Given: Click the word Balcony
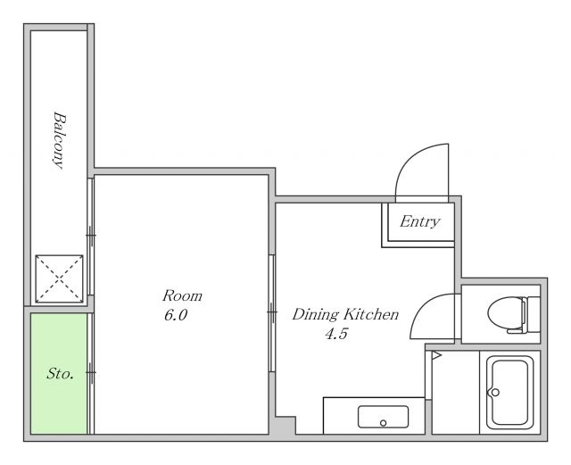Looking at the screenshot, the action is click(x=60, y=141).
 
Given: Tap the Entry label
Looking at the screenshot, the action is click(x=420, y=221).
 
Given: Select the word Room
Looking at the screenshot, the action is click(x=182, y=295).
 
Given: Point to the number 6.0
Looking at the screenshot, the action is click(x=176, y=315).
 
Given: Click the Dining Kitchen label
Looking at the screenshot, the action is click(x=345, y=314).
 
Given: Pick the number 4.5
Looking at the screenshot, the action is click(x=336, y=334).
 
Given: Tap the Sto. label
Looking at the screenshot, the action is click(x=61, y=374).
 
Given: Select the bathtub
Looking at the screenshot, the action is click(x=509, y=393).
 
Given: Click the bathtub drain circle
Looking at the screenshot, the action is click(x=495, y=393).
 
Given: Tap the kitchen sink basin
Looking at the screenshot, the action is click(x=383, y=417).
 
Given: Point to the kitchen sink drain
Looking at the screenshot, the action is click(x=383, y=423).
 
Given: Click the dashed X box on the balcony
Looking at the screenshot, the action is click(x=59, y=278).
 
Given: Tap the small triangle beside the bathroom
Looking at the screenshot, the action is click(x=436, y=355).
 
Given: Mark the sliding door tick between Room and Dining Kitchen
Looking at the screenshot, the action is click(x=272, y=312).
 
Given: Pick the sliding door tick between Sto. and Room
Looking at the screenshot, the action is click(x=91, y=372).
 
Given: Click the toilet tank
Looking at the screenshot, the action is click(x=531, y=314).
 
